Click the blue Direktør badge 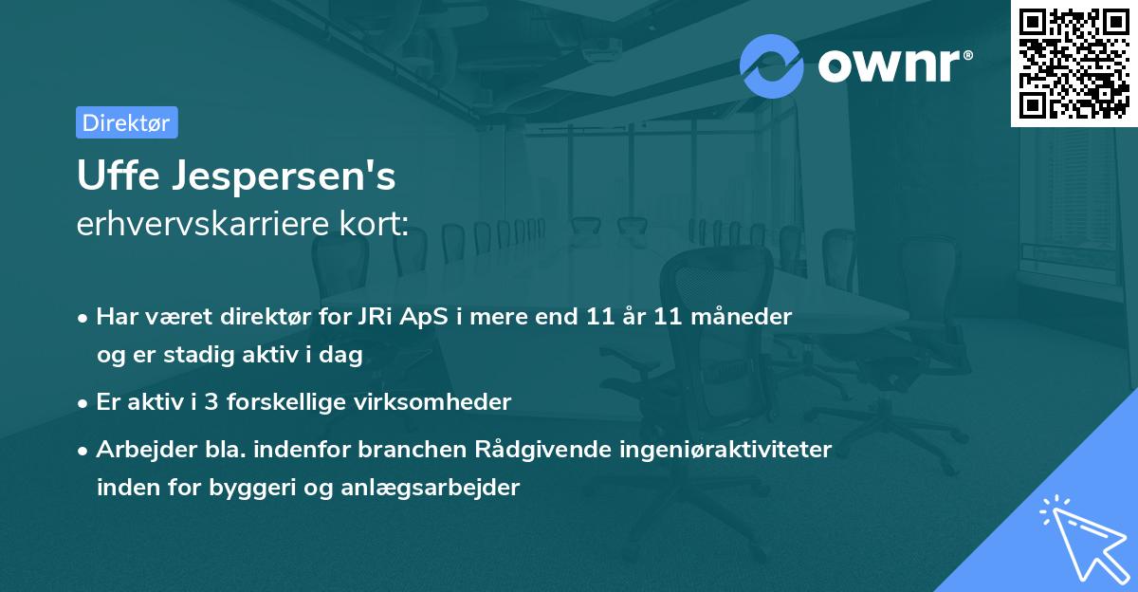tap(126, 122)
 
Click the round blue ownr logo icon tap(772, 66)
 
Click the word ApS tap(416, 317)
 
